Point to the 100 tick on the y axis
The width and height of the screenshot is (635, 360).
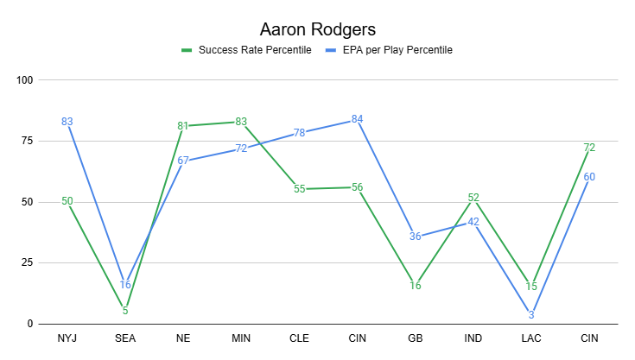coord(24,80)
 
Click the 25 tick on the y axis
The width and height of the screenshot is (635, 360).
coord(27,263)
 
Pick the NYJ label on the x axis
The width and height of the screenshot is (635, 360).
coord(67,339)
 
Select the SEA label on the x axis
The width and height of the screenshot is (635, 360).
coord(125,339)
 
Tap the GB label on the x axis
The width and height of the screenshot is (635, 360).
coord(416,339)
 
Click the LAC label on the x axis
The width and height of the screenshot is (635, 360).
coord(531,339)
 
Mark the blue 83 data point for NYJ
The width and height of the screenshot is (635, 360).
coord(67,122)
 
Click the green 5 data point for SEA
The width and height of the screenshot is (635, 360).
coord(125,311)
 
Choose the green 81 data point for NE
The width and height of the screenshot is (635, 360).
coord(183,126)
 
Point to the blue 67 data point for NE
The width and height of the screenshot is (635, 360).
coord(183,160)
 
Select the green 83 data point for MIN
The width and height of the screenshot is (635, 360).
coord(241,122)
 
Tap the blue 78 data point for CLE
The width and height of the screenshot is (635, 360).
coord(299,133)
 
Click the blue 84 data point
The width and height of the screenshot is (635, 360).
coord(357,119)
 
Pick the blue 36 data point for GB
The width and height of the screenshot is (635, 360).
coord(416,237)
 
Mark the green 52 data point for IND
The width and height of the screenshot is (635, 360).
coord(473,198)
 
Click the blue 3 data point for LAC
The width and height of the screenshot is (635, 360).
coord(531,316)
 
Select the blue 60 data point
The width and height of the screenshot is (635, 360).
coord(589,177)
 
